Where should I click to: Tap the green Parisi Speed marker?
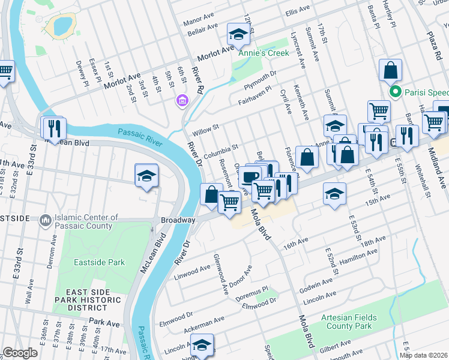[x=395, y=92]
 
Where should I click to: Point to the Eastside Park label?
[x=99, y=262]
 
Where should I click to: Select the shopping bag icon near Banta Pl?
[x=390, y=70]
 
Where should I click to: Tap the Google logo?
[x=20, y=353]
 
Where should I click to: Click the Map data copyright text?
[x=424, y=355]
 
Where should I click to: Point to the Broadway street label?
[x=178, y=220]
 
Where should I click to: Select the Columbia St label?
[x=221, y=151]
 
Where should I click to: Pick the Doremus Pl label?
[x=252, y=290]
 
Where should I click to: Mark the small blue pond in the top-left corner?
[x=61, y=25]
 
